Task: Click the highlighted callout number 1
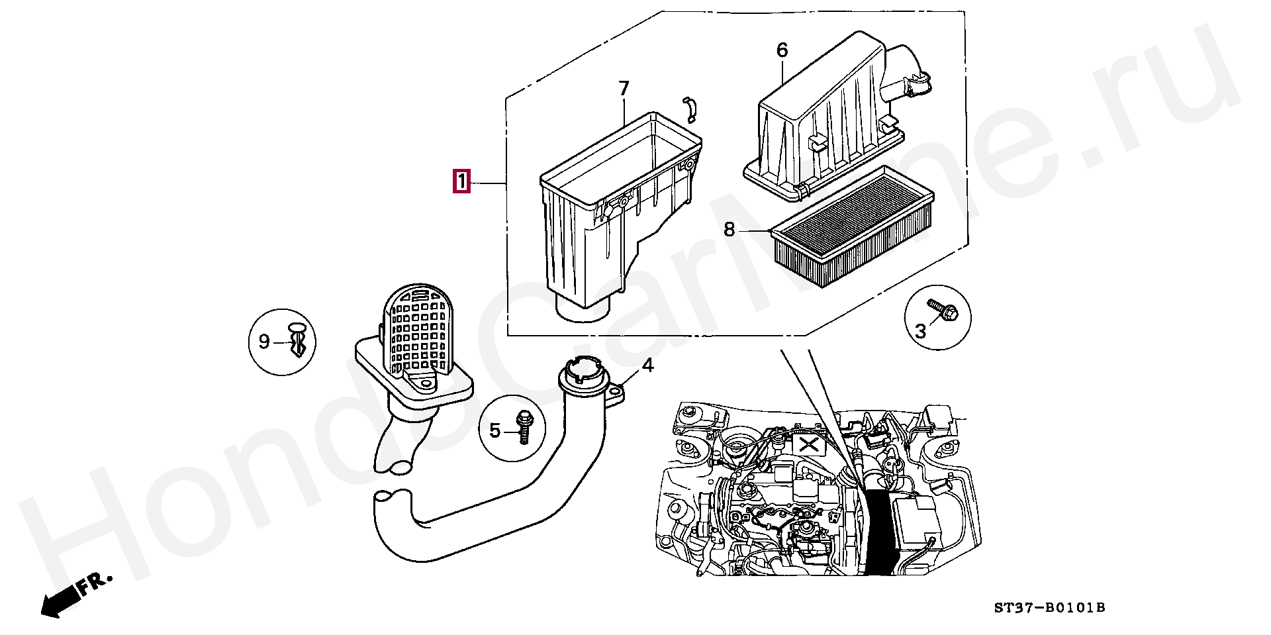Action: click(x=461, y=181)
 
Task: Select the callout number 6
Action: click(x=782, y=50)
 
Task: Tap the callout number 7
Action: click(x=624, y=89)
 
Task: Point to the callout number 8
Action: click(x=730, y=230)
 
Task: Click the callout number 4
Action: click(x=647, y=365)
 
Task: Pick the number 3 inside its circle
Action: click(x=920, y=331)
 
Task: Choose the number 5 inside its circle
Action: click(x=495, y=431)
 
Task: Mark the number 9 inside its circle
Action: click(x=264, y=342)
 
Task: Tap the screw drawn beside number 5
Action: click(x=524, y=427)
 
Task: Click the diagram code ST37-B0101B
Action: click(x=1049, y=607)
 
